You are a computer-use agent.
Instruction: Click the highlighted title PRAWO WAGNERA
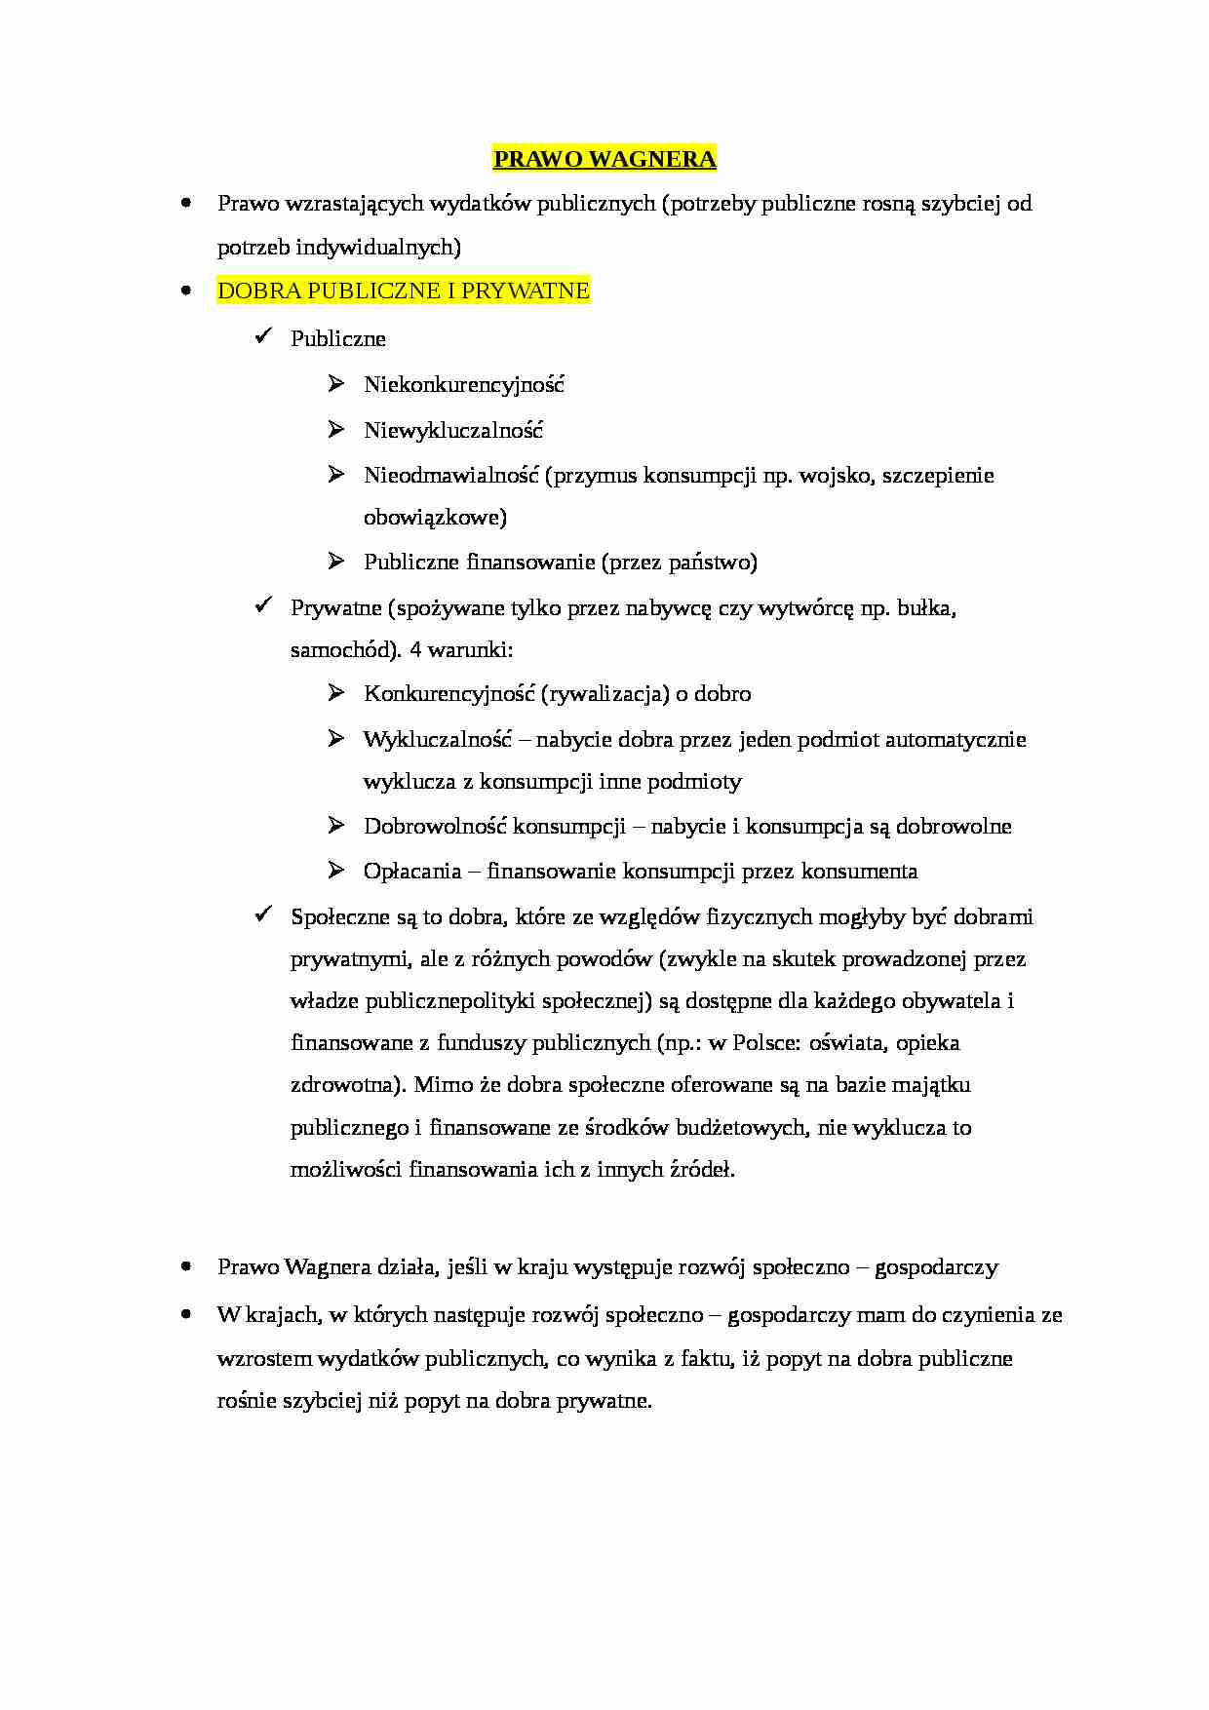(604, 159)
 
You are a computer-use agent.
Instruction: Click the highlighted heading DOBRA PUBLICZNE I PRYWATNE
(404, 291)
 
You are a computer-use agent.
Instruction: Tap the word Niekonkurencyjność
(464, 384)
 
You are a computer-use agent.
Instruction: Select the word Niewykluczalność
(453, 430)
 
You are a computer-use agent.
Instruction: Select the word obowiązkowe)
(435, 518)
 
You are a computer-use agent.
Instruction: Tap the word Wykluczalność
(438, 739)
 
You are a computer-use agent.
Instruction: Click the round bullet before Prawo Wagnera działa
(185, 1267)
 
